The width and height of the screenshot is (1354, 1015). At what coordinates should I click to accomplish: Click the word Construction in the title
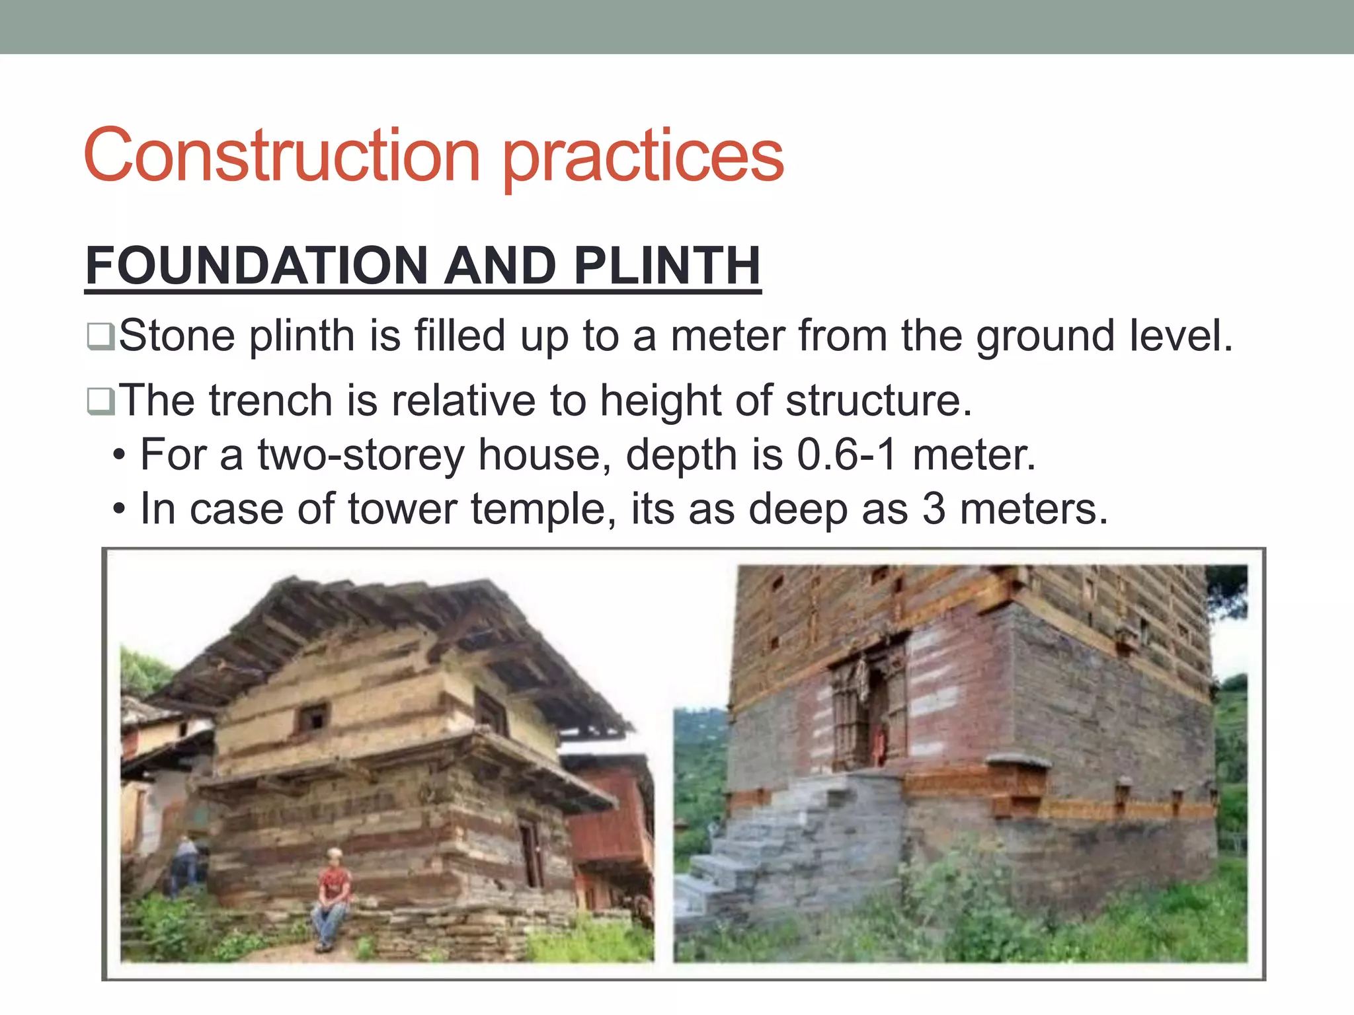point(282,157)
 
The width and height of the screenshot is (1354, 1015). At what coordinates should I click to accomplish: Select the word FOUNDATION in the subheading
point(255,266)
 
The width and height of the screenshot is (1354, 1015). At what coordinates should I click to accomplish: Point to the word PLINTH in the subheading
point(667,266)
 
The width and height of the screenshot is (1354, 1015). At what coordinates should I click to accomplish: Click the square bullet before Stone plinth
point(100,336)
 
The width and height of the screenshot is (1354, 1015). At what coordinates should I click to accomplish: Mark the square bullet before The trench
point(100,401)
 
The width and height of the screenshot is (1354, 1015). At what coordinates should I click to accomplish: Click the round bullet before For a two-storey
point(119,455)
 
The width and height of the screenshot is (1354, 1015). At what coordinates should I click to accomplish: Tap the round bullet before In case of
point(119,509)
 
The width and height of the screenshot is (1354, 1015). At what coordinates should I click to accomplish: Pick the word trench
point(271,400)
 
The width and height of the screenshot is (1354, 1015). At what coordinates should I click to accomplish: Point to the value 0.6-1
point(846,455)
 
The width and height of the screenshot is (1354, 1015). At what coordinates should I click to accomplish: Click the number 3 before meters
point(934,509)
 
